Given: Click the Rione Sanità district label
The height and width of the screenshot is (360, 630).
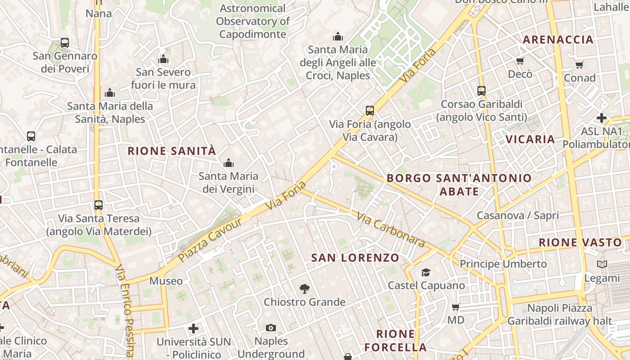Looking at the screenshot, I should pyautogui.click(x=172, y=151).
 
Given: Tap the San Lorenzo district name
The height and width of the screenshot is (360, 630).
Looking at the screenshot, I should pyautogui.click(x=355, y=258).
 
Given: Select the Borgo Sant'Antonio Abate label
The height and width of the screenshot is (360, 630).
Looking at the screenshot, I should pyautogui.click(x=459, y=184).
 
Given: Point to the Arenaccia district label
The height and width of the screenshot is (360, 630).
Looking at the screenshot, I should pyautogui.click(x=558, y=40).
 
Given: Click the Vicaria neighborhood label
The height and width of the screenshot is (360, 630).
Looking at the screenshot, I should pyautogui.click(x=530, y=139).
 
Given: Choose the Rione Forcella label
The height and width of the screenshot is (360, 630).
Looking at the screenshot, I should pyautogui.click(x=396, y=341).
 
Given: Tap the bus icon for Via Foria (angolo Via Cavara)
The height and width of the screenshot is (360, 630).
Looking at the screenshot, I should pyautogui.click(x=370, y=110).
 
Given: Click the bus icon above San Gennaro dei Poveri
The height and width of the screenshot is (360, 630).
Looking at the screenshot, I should pyautogui.click(x=65, y=43).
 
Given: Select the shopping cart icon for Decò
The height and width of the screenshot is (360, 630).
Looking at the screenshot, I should pyautogui.click(x=520, y=61).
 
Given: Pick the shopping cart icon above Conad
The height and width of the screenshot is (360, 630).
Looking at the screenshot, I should pyautogui.click(x=580, y=65).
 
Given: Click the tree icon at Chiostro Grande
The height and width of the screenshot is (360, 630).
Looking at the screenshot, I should pyautogui.click(x=305, y=289).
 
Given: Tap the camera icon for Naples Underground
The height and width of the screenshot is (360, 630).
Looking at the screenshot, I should pyautogui.click(x=271, y=328).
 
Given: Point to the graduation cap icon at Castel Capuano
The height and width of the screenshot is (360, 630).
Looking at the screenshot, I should pyautogui.click(x=426, y=272).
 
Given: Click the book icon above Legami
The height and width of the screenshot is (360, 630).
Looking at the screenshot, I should pyautogui.click(x=602, y=265).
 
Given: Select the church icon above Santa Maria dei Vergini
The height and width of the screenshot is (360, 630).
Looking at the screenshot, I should pyautogui.click(x=229, y=163).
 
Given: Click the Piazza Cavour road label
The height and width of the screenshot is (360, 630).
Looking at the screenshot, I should pyautogui.click(x=210, y=240).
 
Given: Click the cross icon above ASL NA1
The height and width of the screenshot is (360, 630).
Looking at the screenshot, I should pyautogui.click(x=602, y=118).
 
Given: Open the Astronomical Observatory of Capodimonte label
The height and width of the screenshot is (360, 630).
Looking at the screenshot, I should pyautogui.click(x=252, y=21).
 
